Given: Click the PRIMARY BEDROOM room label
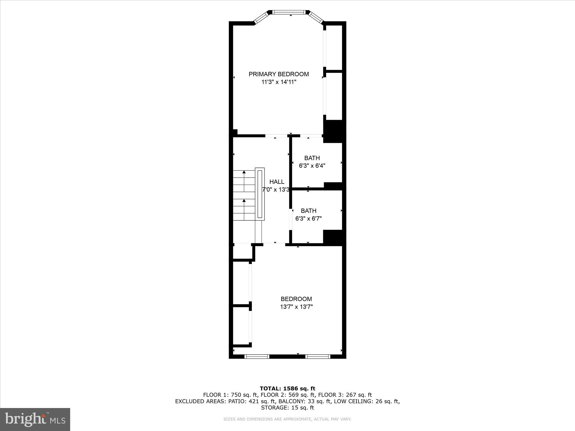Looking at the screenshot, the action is click(x=279, y=74).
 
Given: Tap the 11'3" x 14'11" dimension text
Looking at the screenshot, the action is click(x=279, y=82).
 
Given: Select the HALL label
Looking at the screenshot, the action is click(x=277, y=182).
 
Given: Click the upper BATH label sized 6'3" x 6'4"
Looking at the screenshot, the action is click(x=312, y=158).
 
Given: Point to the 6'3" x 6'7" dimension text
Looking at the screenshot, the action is click(x=308, y=219).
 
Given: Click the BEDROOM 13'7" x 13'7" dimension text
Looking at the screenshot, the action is click(x=296, y=307).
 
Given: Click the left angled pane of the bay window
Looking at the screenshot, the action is click(x=262, y=18).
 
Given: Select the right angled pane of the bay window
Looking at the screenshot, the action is click(x=316, y=18).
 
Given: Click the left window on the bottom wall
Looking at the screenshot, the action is click(x=257, y=357).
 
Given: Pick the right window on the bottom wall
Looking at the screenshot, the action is click(x=318, y=357).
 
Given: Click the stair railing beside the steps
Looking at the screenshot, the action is click(x=260, y=194).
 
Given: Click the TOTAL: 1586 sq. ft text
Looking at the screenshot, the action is click(x=287, y=389).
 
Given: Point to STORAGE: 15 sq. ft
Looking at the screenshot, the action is click(x=287, y=408).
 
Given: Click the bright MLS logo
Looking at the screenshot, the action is click(x=35, y=420).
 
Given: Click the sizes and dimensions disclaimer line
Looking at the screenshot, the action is click(x=287, y=419).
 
